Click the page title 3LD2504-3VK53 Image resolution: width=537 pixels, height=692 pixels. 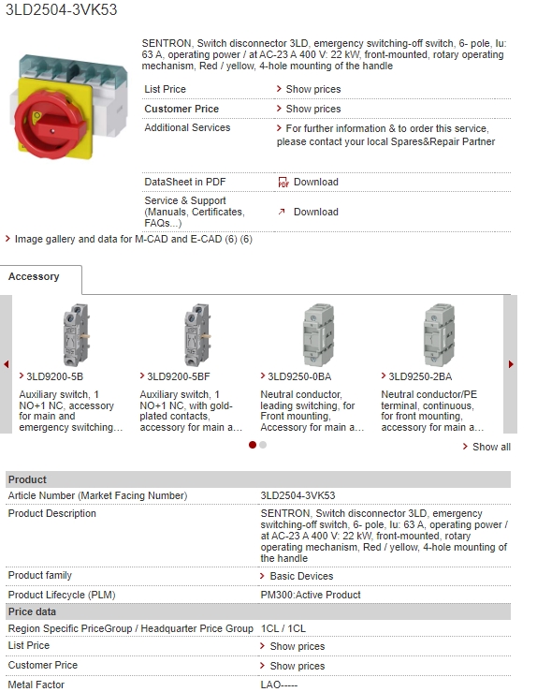coord(61,10)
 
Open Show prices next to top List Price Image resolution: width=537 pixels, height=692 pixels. coord(312,89)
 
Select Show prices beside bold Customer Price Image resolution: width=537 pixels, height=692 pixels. coord(312,109)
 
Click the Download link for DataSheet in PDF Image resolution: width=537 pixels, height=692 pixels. coord(315,182)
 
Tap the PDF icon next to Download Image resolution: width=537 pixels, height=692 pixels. coord(283,183)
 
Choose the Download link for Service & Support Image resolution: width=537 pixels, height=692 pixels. coord(315,212)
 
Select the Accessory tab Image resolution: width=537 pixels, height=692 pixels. coord(35,277)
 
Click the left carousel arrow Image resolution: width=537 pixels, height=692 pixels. coord(7,364)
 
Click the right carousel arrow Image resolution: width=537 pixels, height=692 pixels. coord(511,364)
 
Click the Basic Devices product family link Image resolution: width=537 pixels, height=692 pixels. coord(301,576)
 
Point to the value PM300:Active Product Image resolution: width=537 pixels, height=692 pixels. coord(311,595)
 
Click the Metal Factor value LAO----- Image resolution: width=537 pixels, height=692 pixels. coord(279,685)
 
